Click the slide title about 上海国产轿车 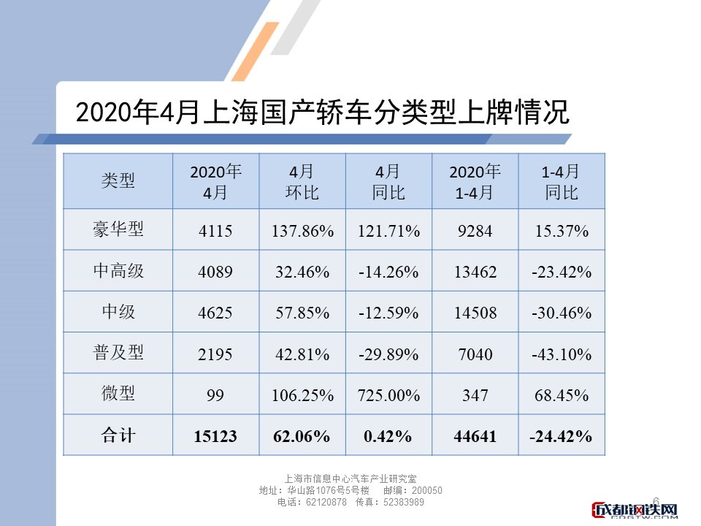(x=321, y=114)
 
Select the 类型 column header (x=118, y=181)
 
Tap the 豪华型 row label (x=118, y=230)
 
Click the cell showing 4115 (x=215, y=232)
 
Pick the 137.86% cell (x=302, y=232)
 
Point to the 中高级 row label (x=118, y=271)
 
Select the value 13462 (x=475, y=272)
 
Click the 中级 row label (x=118, y=312)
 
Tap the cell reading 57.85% (x=302, y=313)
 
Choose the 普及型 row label (x=118, y=353)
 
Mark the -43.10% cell (x=561, y=354)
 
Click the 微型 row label (x=118, y=394)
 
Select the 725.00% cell (x=388, y=395)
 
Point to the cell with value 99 (x=215, y=395)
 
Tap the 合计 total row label (x=118, y=435)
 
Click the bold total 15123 (x=215, y=436)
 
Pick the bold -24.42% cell (x=561, y=436)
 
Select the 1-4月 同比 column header (x=561, y=182)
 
